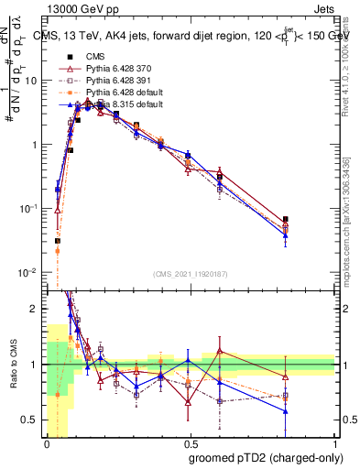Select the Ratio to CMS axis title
[x=12, y=366]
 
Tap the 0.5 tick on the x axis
[x=191, y=444]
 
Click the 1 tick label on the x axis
[x=335, y=444]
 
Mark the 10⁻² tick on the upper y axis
[x=32, y=273]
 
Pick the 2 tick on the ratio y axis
[x=38, y=309]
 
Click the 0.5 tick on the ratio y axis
[x=35, y=420]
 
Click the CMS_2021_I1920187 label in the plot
[x=191, y=274]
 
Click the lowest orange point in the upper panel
[x=57, y=250]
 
